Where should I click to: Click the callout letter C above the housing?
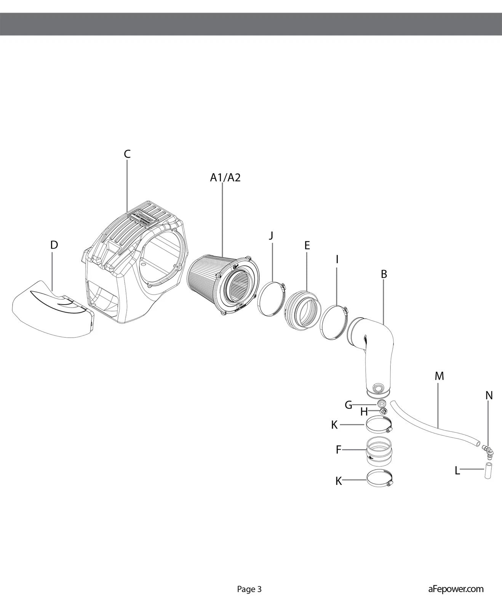pyautogui.click(x=127, y=154)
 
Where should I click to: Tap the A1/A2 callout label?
pyautogui.click(x=225, y=178)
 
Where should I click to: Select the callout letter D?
pyautogui.click(x=54, y=245)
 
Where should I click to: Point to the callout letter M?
pyautogui.click(x=439, y=376)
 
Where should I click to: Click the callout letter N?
pyautogui.click(x=489, y=396)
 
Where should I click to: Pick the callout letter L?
pyautogui.click(x=457, y=471)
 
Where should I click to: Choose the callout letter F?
pyautogui.click(x=338, y=450)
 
